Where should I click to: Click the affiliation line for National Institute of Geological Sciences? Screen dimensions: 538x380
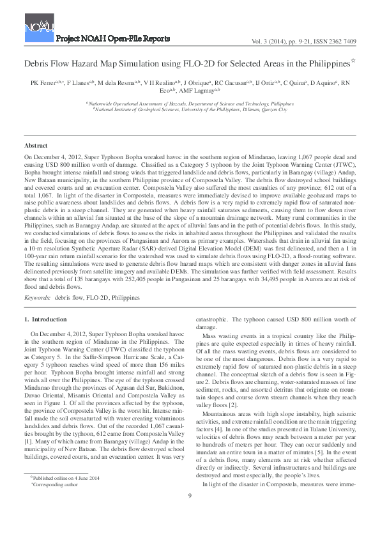pyautogui.click(x=190, y=110)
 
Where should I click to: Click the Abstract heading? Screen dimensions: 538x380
pyautogui.click(x=36, y=147)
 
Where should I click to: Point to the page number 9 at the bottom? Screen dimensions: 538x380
pyautogui.click(x=190, y=514)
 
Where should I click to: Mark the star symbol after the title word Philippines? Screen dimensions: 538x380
pyautogui.click(x=354, y=61)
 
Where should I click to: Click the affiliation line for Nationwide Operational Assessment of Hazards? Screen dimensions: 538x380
pyautogui.click(x=190, y=103)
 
